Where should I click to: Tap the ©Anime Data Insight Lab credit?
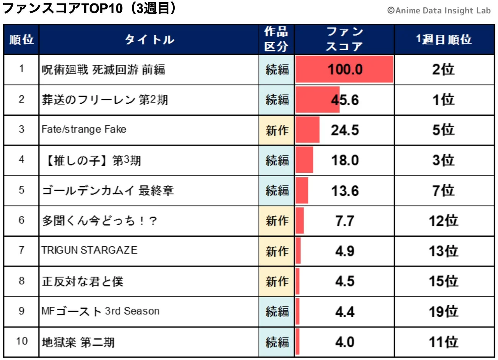tap(439, 11)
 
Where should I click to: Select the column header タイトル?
tap(149, 39)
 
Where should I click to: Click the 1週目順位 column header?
tap(444, 39)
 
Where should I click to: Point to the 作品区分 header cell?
tap(276, 39)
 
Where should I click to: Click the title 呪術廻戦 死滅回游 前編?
tap(103, 70)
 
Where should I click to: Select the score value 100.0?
tap(345, 70)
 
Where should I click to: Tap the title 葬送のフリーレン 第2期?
tap(105, 100)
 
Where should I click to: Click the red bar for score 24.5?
tap(307, 130)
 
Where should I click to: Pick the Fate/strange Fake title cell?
tap(84, 129)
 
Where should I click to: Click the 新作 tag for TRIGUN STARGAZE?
tap(277, 251)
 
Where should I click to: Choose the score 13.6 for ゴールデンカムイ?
tap(345, 191)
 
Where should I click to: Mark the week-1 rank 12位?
tap(444, 221)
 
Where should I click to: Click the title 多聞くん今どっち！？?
tap(99, 221)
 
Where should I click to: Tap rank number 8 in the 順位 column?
tap(21, 281)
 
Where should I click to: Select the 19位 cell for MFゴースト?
tap(444, 312)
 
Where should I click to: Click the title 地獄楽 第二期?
tap(78, 342)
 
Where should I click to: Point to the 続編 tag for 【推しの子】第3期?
tap(277, 160)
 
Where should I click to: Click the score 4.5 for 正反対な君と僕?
tap(345, 281)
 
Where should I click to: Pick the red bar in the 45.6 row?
tap(317, 100)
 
